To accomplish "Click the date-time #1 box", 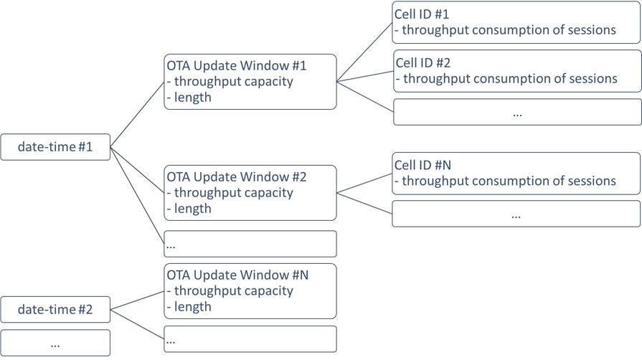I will (55, 147).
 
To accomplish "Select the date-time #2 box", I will (55, 310).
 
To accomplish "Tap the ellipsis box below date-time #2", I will (55, 343).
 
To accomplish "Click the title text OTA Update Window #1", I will (237, 66).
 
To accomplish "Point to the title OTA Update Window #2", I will (237, 176).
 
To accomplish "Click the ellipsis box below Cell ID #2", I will (517, 113).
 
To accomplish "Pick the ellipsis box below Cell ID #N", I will (516, 214).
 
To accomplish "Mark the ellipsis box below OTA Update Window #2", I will (250, 244).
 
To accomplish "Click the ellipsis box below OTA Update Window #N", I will (250, 338).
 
